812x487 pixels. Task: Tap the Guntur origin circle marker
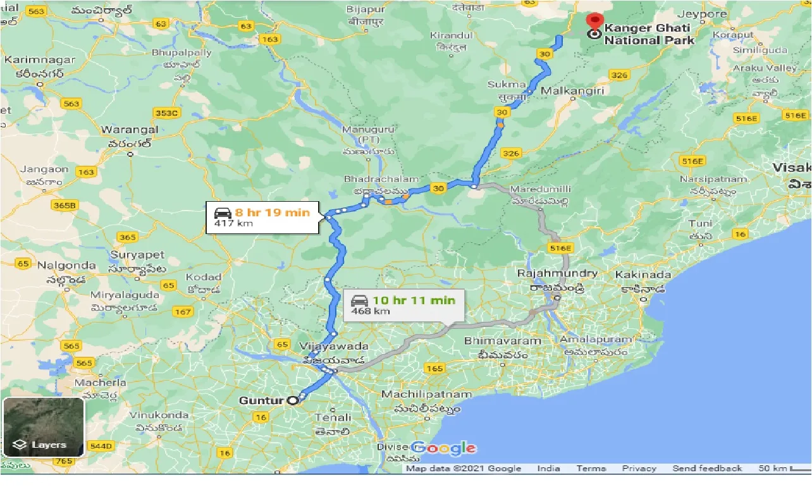[x=292, y=400]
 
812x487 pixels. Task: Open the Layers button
[x=43, y=427]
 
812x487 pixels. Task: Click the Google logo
[x=445, y=448]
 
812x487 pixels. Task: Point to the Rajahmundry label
[x=557, y=273]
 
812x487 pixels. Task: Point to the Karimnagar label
[x=40, y=60]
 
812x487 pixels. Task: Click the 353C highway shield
[x=167, y=113]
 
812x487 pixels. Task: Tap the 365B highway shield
[x=65, y=205]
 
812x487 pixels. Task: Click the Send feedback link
[x=706, y=469]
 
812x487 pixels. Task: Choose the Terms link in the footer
[x=591, y=469]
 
